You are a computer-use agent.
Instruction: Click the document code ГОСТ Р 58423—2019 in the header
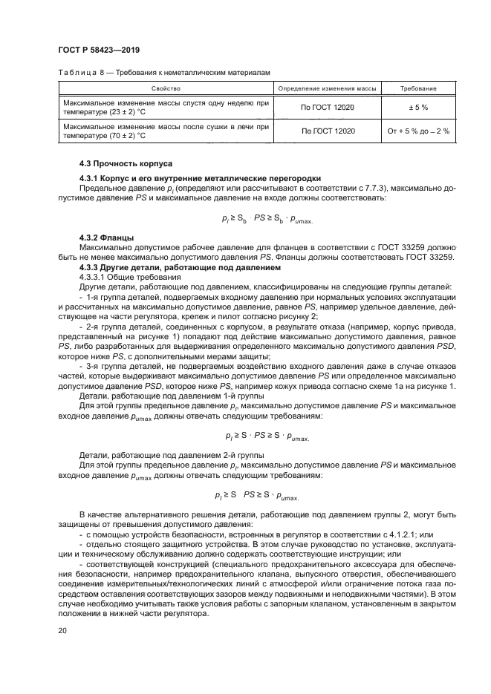(99, 50)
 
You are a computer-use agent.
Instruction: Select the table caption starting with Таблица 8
(163, 72)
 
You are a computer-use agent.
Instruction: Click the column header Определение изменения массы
(328, 88)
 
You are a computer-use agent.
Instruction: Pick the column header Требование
(418, 88)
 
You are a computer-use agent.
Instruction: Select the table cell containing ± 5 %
(418, 108)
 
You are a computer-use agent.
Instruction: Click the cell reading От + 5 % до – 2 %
(418, 131)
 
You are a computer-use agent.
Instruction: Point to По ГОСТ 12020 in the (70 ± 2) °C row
(328, 131)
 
